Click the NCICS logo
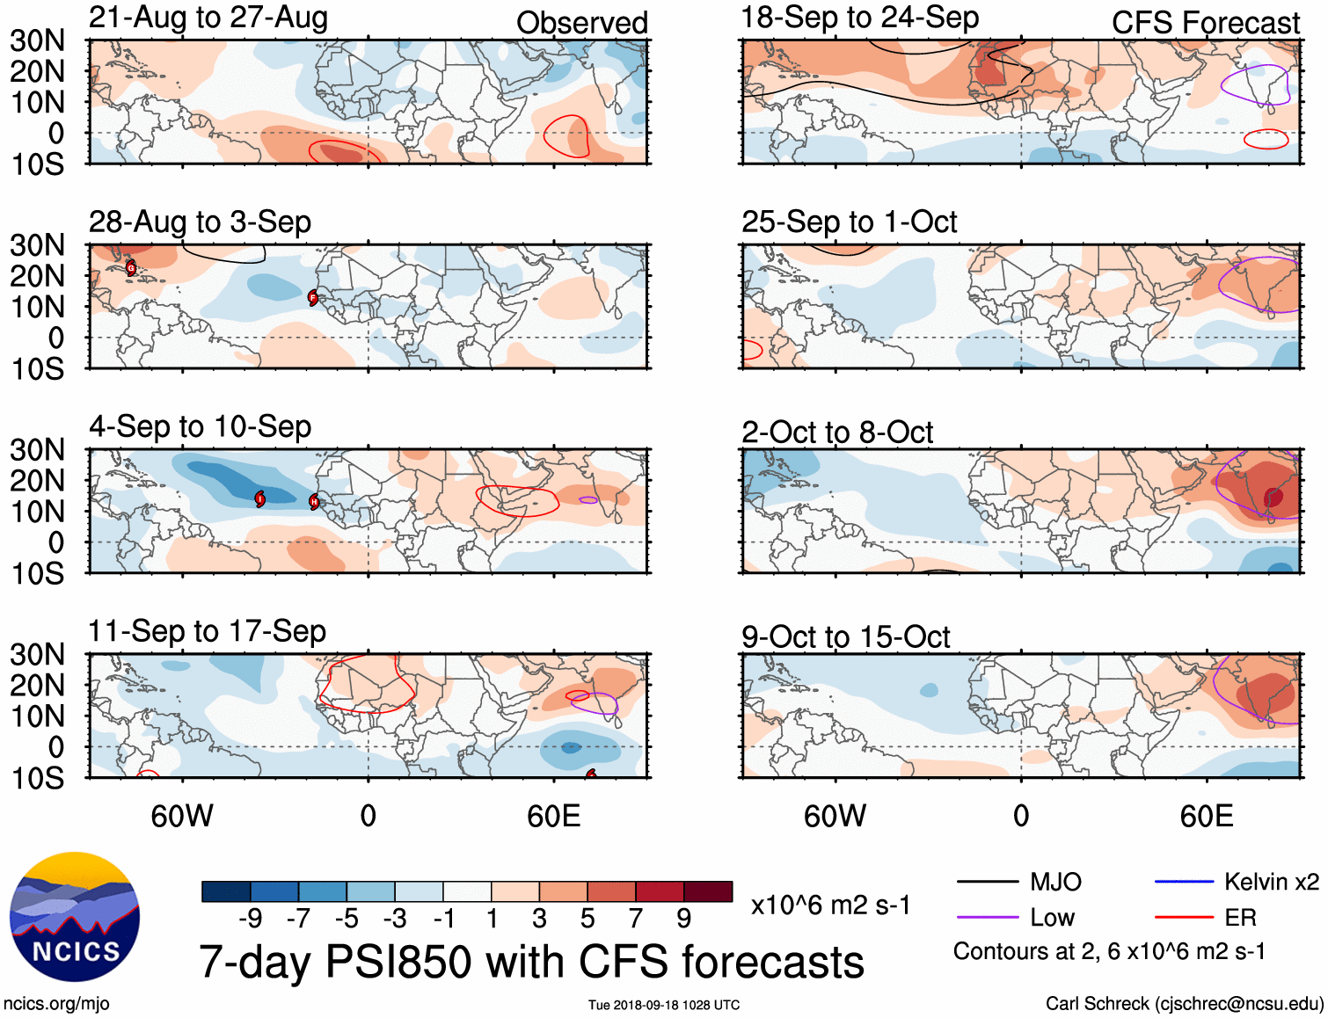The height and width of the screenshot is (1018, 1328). pos(75,917)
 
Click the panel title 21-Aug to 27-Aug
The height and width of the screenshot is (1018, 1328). pos(208,18)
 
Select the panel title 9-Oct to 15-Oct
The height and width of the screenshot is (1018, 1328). pos(845,636)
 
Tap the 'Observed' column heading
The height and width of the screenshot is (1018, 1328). pos(581,23)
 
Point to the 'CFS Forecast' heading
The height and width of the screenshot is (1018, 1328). pos(1205,23)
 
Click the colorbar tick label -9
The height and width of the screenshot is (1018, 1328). pos(250,919)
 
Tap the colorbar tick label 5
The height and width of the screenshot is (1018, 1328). pos(587,919)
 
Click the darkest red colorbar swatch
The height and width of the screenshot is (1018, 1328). pos(708,891)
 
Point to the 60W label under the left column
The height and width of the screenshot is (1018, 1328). pos(182,816)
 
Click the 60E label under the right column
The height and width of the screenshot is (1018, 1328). pos(1207,816)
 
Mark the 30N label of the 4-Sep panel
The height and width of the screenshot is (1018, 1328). pos(37,450)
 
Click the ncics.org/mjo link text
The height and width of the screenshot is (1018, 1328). pos(56,1004)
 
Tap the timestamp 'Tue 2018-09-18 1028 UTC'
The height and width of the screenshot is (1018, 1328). pos(664,1005)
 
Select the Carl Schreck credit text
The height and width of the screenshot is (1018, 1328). pos(1184,1004)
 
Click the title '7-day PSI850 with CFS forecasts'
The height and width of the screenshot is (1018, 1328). pos(531,962)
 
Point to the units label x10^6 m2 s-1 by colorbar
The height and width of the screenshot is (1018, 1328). pos(830,905)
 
